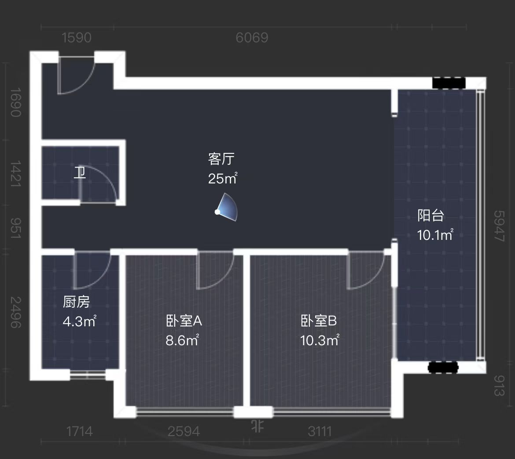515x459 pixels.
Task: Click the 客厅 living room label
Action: (x=221, y=159)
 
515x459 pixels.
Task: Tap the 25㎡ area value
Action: (x=223, y=179)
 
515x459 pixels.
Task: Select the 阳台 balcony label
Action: (x=430, y=216)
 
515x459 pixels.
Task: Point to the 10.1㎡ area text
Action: (x=435, y=235)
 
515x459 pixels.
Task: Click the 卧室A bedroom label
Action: (x=184, y=321)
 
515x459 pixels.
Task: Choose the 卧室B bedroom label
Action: (x=319, y=321)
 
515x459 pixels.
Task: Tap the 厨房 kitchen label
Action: (x=77, y=302)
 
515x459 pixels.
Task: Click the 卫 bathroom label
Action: (x=80, y=172)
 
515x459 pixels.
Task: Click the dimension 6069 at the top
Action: (x=252, y=38)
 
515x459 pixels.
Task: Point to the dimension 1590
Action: (x=77, y=38)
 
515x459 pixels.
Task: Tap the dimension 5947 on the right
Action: (x=499, y=226)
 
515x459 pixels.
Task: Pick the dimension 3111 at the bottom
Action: (x=320, y=431)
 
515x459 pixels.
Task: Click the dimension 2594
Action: (x=184, y=431)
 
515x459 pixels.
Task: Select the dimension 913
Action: (x=499, y=385)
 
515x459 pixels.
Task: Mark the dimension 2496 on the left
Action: (x=15, y=312)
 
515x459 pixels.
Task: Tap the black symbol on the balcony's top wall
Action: (x=448, y=83)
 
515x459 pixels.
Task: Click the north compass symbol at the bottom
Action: (x=257, y=426)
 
